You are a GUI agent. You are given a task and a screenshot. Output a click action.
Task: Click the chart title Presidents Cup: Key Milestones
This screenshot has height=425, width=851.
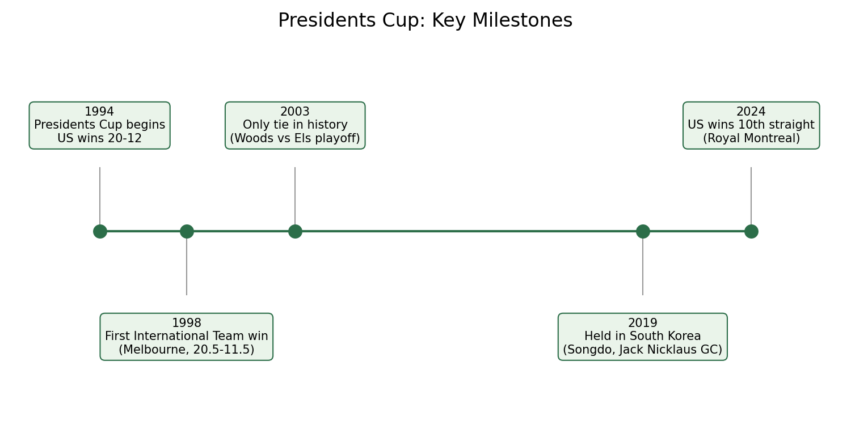(x=425, y=20)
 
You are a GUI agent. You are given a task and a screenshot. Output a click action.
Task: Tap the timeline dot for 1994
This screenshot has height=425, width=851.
(x=100, y=231)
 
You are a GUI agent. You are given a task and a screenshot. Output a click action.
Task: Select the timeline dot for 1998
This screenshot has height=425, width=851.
(x=187, y=231)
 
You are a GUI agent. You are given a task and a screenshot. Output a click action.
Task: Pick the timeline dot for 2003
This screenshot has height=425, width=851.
(x=295, y=231)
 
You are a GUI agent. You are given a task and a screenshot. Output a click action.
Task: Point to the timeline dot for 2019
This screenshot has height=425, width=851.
(x=643, y=231)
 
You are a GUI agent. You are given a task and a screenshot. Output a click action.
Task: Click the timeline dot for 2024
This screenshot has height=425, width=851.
(x=751, y=231)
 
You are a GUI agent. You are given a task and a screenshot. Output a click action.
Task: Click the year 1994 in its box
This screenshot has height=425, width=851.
(x=99, y=112)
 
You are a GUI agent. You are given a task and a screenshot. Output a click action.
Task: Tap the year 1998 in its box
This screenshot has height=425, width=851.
(x=187, y=323)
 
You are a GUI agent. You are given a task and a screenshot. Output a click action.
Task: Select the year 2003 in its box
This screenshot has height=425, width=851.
(x=295, y=112)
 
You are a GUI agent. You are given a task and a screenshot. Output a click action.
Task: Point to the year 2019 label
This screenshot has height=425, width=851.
(x=642, y=323)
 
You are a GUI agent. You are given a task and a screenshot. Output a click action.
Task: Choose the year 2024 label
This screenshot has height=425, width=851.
(x=751, y=112)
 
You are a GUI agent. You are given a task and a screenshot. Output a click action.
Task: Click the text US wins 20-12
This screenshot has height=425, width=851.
(x=99, y=138)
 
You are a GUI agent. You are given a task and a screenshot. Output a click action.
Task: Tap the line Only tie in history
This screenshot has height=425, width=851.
(x=295, y=125)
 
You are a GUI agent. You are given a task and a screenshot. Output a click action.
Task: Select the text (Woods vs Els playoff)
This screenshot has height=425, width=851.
(x=295, y=138)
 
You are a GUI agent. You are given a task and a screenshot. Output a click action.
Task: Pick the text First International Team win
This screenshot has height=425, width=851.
(x=187, y=336)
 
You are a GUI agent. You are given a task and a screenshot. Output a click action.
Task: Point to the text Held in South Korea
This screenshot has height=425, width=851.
(x=642, y=336)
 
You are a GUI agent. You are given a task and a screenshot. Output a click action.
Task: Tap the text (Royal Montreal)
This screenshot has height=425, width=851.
(x=751, y=138)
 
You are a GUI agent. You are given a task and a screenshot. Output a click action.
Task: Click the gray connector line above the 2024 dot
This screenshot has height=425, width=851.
(x=751, y=196)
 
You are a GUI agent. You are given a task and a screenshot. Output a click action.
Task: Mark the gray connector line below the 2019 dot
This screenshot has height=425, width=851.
(x=643, y=267)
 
